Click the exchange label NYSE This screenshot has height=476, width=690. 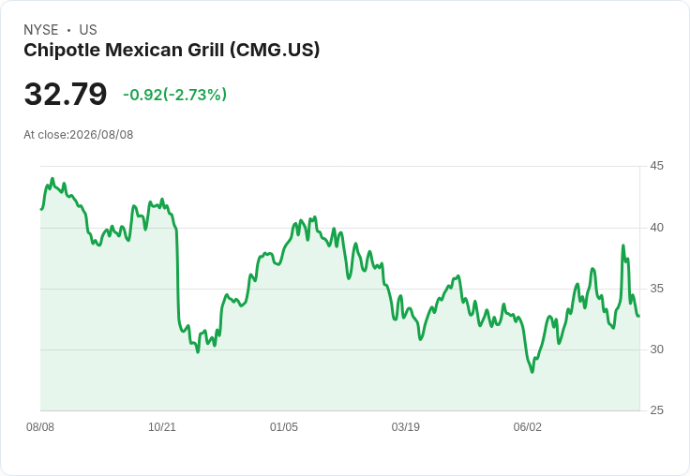coord(41,30)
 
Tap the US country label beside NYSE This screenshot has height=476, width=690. coord(88,30)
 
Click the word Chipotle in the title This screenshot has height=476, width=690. coord(62,50)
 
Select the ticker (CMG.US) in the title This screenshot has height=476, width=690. coord(275,50)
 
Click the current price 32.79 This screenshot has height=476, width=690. coord(66,94)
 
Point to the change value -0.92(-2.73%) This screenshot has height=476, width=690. coord(174,95)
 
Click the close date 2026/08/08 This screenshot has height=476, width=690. coord(101,135)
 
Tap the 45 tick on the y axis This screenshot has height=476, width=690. coord(656,166)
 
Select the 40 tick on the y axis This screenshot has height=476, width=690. coord(656,228)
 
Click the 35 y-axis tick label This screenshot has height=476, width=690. coord(656,289)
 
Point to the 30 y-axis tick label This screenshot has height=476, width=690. coord(656,350)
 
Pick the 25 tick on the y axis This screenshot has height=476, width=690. coord(656,410)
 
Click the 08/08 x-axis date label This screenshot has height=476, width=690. coord(40,427)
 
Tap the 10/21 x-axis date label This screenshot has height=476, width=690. coord(162,427)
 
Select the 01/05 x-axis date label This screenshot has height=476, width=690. coord(284,427)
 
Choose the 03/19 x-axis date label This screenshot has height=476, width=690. coord(406,427)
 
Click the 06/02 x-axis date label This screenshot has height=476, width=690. coord(528,427)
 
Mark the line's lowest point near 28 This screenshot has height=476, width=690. coord(532,372)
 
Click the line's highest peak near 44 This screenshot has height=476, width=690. coord(52,179)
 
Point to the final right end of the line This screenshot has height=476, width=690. coord(639,316)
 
